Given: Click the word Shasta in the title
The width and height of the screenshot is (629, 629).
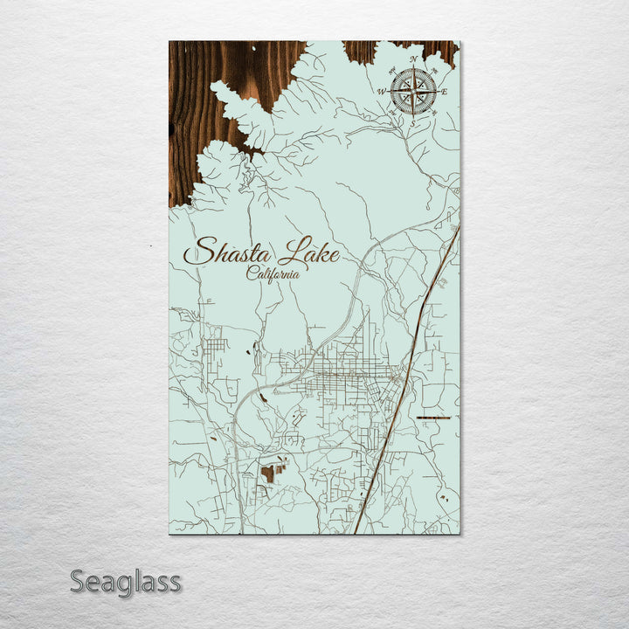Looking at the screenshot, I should tap(229, 253).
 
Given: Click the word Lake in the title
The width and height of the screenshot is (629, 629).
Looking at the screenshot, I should tap(308, 253).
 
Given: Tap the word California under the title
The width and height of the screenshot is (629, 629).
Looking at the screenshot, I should tap(273, 273).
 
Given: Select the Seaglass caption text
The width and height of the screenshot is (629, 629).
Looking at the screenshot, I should tap(126, 581).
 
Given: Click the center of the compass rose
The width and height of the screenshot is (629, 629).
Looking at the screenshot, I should tap(414, 91).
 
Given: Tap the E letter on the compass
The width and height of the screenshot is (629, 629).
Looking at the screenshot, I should tap(445, 92).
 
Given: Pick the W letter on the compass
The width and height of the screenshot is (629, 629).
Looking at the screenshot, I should tap(382, 91).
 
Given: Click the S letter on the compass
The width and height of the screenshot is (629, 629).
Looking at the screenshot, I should tap(414, 123).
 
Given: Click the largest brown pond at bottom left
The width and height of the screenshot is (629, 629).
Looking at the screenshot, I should tap(267, 473).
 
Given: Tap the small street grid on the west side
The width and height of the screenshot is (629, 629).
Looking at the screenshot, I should tap(216, 344).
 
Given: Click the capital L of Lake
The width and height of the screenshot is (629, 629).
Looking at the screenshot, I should tap(289, 252).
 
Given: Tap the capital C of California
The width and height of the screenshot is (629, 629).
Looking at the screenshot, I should tap(252, 273).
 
